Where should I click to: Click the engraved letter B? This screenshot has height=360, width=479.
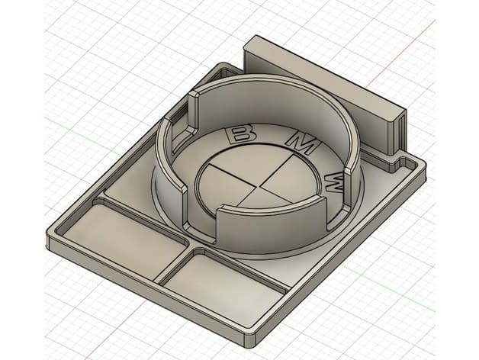tap(240, 133)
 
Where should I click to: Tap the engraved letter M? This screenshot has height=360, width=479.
tap(302, 142)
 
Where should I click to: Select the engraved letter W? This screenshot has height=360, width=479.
tap(336, 183)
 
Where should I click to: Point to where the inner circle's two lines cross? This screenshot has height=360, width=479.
tap(259, 185)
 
